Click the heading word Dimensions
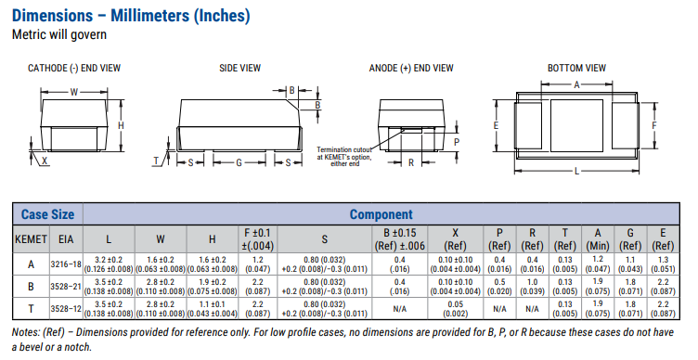click(53, 16)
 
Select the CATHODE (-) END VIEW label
click(74, 68)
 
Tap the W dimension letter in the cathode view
click(74, 92)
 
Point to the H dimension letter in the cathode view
click(121, 125)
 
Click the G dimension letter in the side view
click(239, 163)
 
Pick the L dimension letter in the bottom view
click(577, 171)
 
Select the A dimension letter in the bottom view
click(577, 84)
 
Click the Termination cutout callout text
click(344, 157)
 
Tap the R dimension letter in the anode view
click(411, 163)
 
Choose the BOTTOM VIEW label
click(577, 68)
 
